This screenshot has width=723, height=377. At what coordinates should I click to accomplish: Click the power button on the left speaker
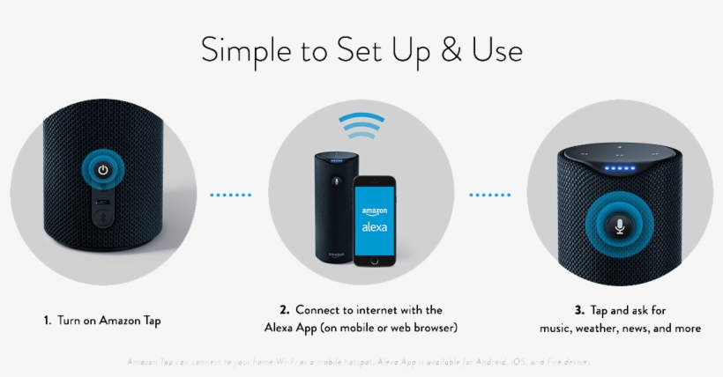(102, 170)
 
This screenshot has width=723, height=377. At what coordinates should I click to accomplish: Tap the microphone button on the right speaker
(620, 225)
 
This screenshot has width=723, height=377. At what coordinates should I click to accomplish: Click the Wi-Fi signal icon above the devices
(361, 128)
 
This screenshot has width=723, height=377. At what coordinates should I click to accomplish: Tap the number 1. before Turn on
(47, 321)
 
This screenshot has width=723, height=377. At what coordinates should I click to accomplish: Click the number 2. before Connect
(285, 310)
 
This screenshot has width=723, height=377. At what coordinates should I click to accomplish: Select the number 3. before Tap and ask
(578, 310)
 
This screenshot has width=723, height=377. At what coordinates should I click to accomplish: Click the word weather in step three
(600, 329)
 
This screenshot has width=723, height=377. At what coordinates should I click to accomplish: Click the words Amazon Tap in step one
(131, 321)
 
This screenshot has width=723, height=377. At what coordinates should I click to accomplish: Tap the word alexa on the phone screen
(374, 227)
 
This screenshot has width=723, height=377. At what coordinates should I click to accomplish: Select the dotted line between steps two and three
(490, 195)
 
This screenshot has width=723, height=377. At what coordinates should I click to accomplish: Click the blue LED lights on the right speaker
(620, 166)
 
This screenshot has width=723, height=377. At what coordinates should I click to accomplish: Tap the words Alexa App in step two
(290, 329)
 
